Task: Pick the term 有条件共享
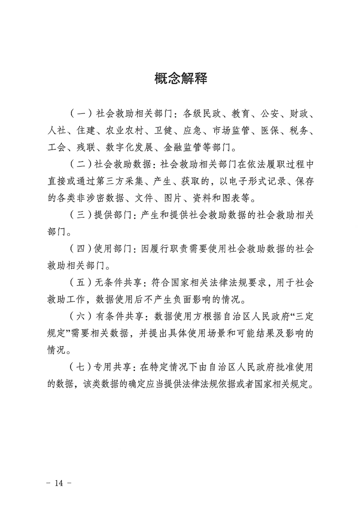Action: pos(121,317)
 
